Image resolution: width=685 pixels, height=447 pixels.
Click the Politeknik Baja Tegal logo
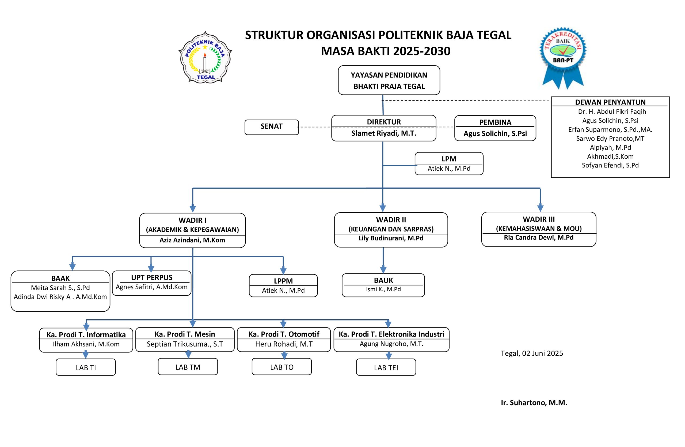[x=205, y=58]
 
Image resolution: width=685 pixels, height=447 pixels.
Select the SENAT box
[x=271, y=127]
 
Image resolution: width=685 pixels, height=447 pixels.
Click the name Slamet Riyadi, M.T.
[x=383, y=133]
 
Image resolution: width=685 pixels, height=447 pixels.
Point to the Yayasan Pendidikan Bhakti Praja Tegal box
[x=389, y=80]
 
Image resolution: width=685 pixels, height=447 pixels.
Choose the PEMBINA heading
[x=495, y=122]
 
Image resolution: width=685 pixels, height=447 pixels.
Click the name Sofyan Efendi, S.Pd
[x=610, y=165]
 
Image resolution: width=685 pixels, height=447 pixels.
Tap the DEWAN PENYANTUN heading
[x=610, y=102]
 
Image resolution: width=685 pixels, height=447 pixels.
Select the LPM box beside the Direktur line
[x=449, y=163]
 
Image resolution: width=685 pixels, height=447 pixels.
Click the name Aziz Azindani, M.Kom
[x=192, y=240]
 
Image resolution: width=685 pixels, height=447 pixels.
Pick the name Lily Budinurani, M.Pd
[x=391, y=238]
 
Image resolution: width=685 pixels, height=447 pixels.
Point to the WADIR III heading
[x=539, y=219]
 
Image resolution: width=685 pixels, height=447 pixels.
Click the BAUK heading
[x=383, y=280]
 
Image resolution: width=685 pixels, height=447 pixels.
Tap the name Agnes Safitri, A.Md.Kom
[x=151, y=287]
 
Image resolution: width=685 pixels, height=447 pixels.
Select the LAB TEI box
[x=386, y=368]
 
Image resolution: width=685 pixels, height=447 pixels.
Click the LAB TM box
[x=188, y=367]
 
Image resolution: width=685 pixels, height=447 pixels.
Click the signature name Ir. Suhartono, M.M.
[x=534, y=403]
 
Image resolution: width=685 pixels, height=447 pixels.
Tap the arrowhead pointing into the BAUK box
[x=383, y=270]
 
